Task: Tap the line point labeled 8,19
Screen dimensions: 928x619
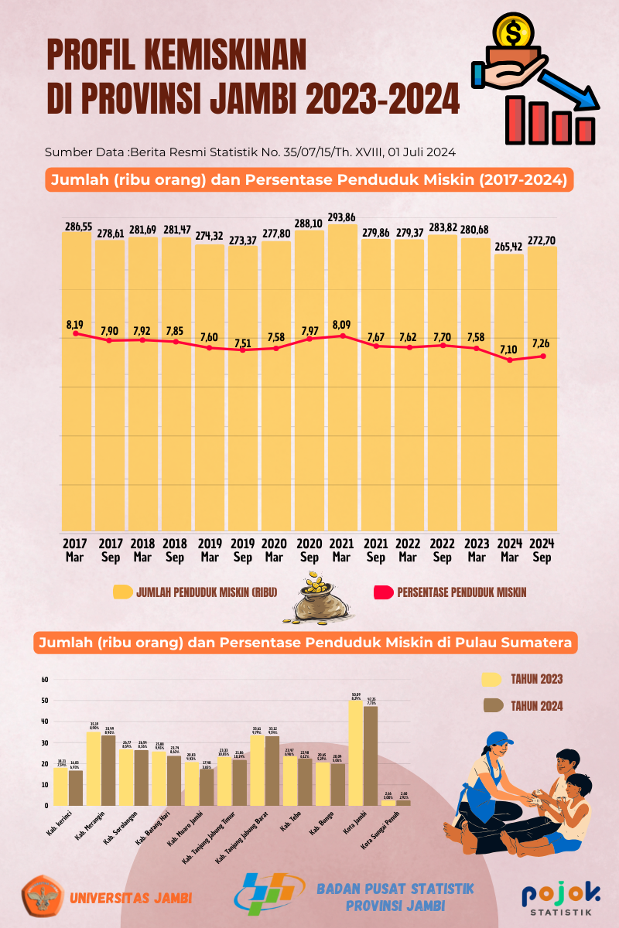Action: pyautogui.click(x=76, y=333)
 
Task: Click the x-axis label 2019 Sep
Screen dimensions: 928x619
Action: pyautogui.click(x=242, y=550)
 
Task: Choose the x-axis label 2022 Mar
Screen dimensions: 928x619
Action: pyautogui.click(x=409, y=550)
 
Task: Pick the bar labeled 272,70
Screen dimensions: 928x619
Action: pyautogui.click(x=542, y=387)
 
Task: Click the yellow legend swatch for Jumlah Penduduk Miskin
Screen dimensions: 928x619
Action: pyautogui.click(x=122, y=592)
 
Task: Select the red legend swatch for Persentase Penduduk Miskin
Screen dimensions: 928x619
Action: pyautogui.click(x=384, y=592)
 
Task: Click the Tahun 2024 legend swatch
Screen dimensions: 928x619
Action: pyautogui.click(x=493, y=705)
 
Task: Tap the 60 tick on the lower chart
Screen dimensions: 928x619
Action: pyautogui.click(x=45, y=680)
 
